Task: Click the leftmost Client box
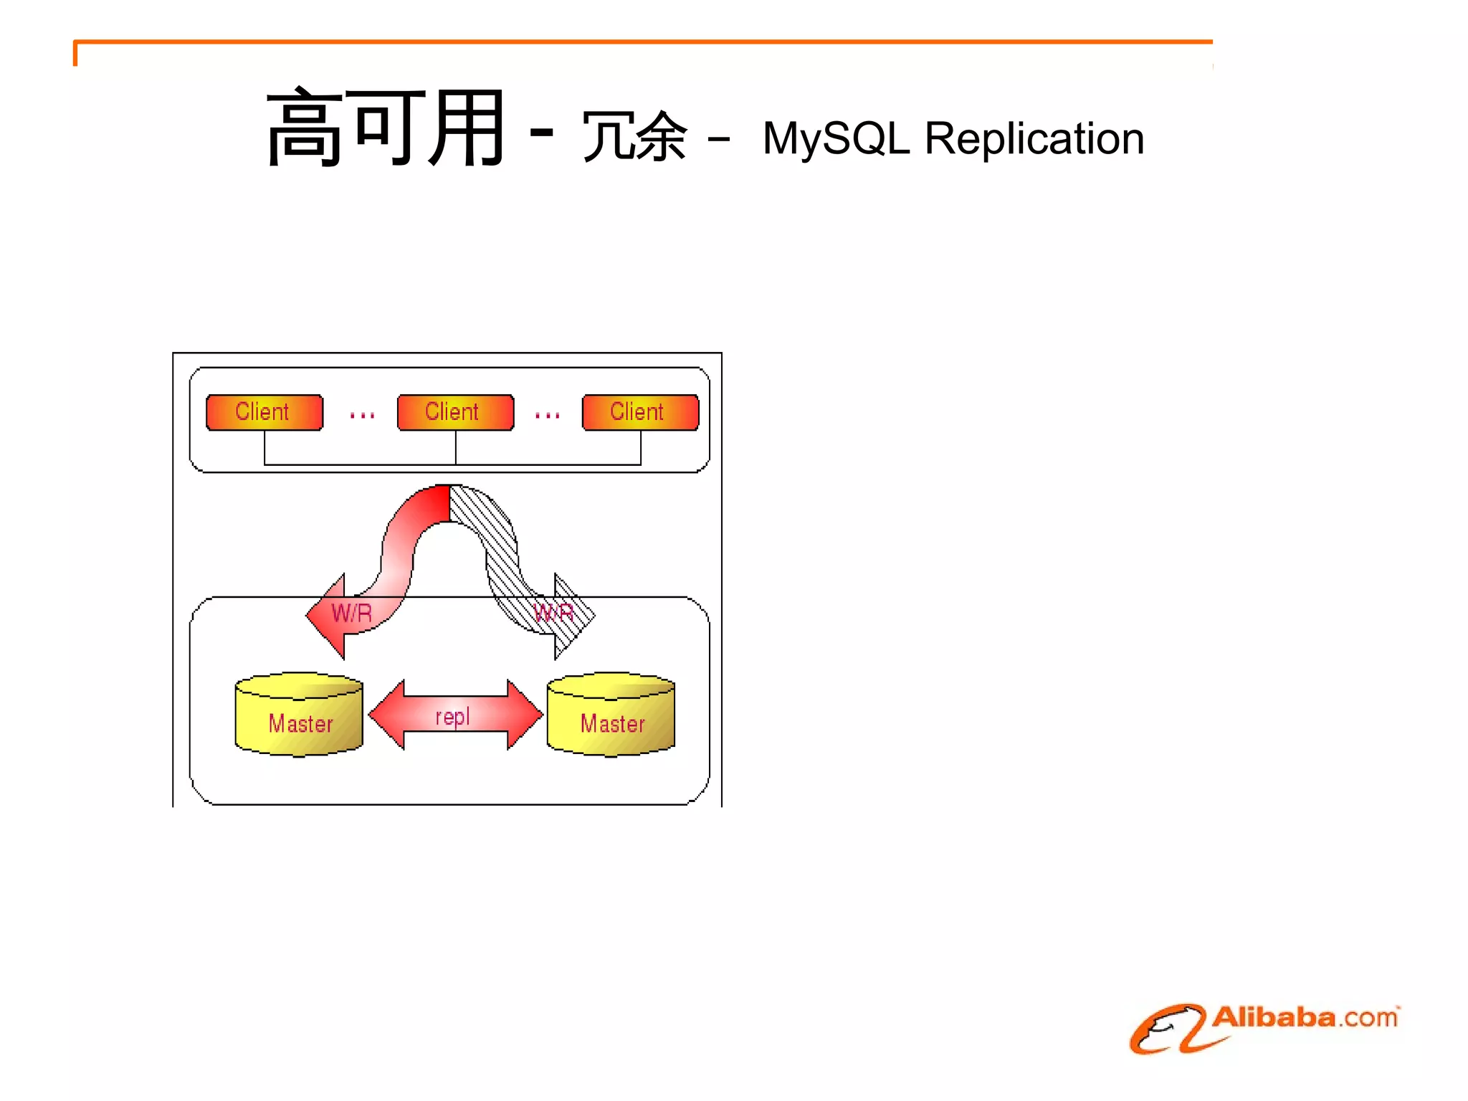coord(264,412)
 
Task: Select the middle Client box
coord(455,412)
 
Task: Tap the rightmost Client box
coord(640,412)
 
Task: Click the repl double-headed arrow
coord(455,715)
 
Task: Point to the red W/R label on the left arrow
coord(352,614)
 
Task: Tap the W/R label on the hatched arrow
coord(554,613)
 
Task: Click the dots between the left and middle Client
coord(362,415)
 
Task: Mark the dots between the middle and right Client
coord(547,415)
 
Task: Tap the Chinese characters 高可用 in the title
coord(386,129)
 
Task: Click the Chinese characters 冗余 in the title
coord(634,136)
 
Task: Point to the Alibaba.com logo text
coord(1305,1018)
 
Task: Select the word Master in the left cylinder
coord(300,724)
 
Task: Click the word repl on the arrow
coord(452,716)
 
